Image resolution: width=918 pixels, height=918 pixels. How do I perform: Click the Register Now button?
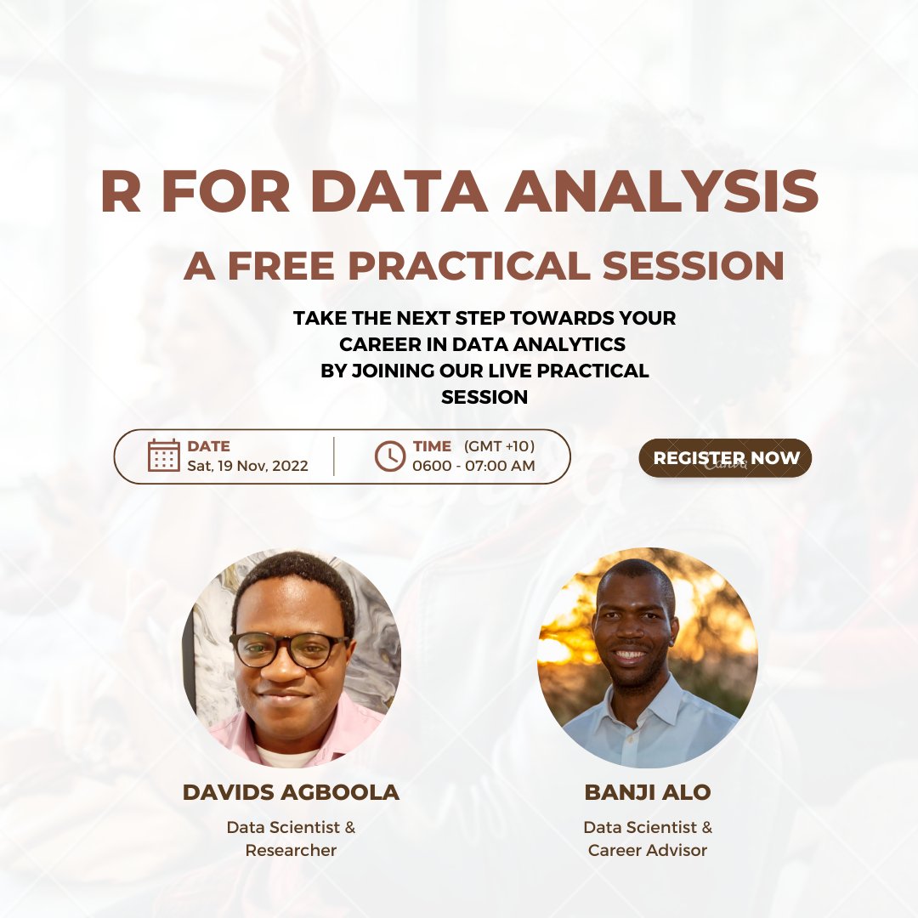tap(725, 458)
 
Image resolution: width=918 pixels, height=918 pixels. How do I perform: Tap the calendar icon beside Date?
tap(163, 456)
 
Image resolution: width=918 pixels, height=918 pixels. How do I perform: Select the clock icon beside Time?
tap(390, 456)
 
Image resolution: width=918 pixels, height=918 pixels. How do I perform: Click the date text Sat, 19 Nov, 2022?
tap(247, 466)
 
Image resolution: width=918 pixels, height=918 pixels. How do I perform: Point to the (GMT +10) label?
tap(499, 445)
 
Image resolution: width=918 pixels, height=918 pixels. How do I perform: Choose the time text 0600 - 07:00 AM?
tap(473, 466)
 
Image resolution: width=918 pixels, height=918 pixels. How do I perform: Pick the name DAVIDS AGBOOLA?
tap(291, 792)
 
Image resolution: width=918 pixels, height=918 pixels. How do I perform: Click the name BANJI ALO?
tap(648, 792)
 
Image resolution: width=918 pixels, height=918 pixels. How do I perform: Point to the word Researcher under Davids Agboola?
tap(291, 850)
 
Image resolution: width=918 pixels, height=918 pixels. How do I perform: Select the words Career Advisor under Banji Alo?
tap(648, 850)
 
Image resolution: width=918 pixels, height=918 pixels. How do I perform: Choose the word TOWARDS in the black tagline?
tap(536, 319)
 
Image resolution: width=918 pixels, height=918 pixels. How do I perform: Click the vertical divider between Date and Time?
tap(334, 456)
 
